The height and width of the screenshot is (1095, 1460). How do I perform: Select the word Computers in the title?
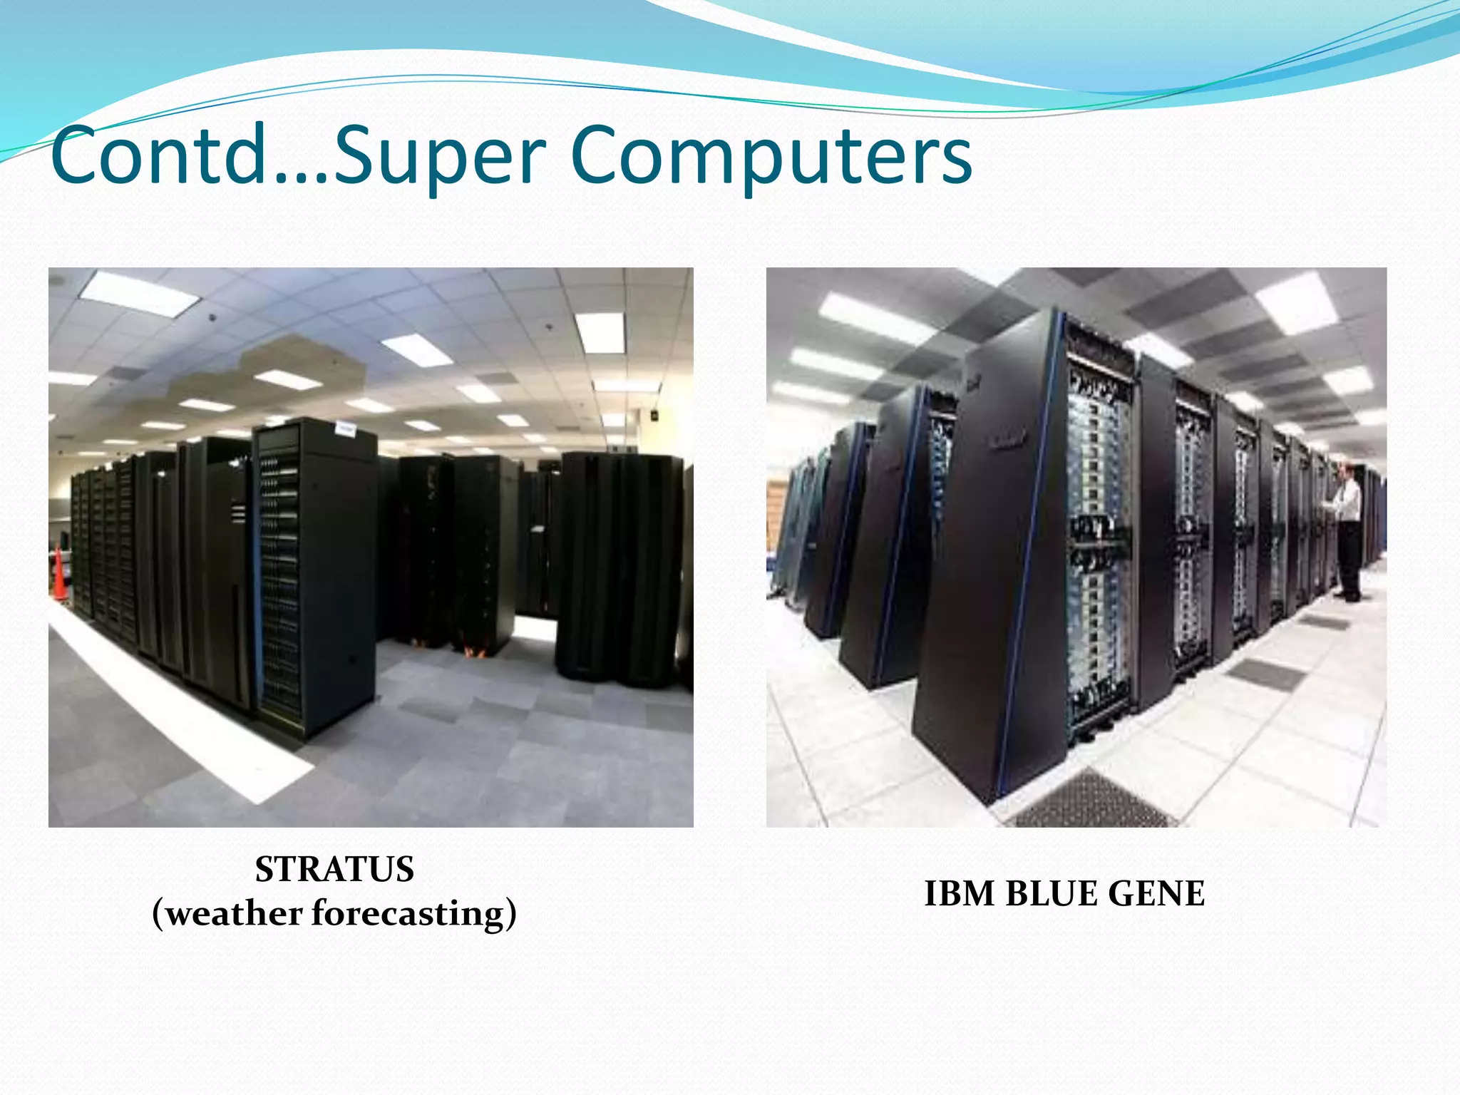[771, 158]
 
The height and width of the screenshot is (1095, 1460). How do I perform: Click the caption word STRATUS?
[334, 870]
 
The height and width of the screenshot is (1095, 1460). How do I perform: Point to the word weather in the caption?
[235, 914]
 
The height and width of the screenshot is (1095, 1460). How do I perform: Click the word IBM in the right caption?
[960, 894]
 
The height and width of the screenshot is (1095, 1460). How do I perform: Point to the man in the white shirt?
[1346, 528]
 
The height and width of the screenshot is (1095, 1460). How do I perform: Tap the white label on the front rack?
[346, 428]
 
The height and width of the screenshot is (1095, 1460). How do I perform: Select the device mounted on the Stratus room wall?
[654, 414]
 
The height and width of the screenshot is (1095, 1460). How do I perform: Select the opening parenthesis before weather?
[158, 914]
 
